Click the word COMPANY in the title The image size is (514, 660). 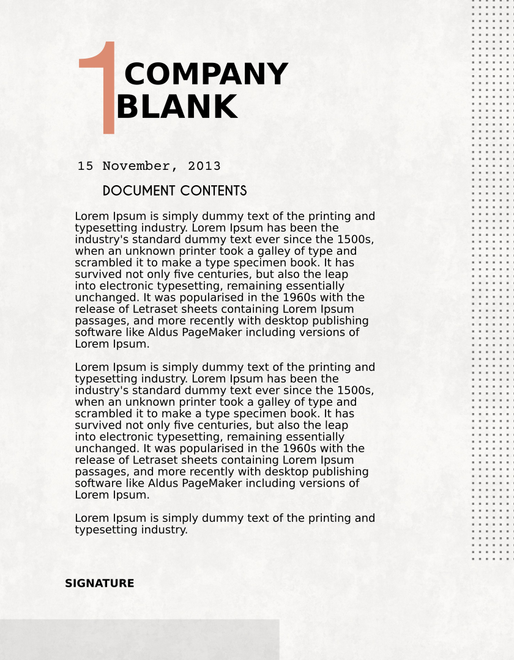(206, 75)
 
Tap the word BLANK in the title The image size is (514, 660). (176, 107)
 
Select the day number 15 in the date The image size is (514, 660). (85, 166)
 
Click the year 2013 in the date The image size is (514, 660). (204, 166)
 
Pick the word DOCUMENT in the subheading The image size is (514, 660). (140, 191)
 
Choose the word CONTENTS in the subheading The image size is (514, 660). (214, 191)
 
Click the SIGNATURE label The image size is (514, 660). (99, 584)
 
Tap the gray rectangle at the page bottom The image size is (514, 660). (140, 639)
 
